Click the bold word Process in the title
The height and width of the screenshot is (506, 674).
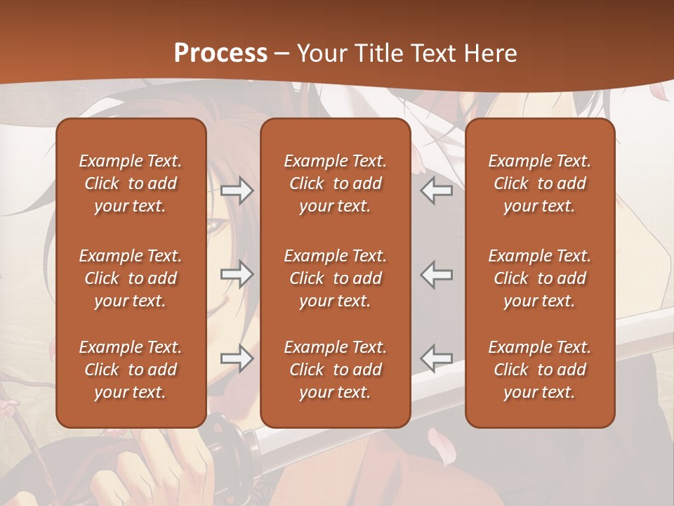click(220, 53)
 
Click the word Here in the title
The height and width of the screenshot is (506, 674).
click(491, 53)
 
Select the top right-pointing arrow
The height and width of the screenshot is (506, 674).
click(237, 190)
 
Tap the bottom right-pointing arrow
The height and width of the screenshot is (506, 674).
click(237, 358)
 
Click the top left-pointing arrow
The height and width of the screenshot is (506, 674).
click(437, 190)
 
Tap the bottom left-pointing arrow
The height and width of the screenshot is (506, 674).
click(437, 358)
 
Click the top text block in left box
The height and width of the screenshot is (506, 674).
click(131, 183)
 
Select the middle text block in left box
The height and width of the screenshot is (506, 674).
click(131, 278)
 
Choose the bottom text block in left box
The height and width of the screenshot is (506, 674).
click(131, 370)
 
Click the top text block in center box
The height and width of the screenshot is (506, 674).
click(335, 183)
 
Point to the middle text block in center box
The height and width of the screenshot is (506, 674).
click(335, 278)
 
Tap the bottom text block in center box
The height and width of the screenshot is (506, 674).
click(335, 370)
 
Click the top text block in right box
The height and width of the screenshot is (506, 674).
click(539, 183)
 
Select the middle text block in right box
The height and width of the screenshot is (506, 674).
click(539, 278)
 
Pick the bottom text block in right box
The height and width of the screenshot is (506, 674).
click(539, 370)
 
